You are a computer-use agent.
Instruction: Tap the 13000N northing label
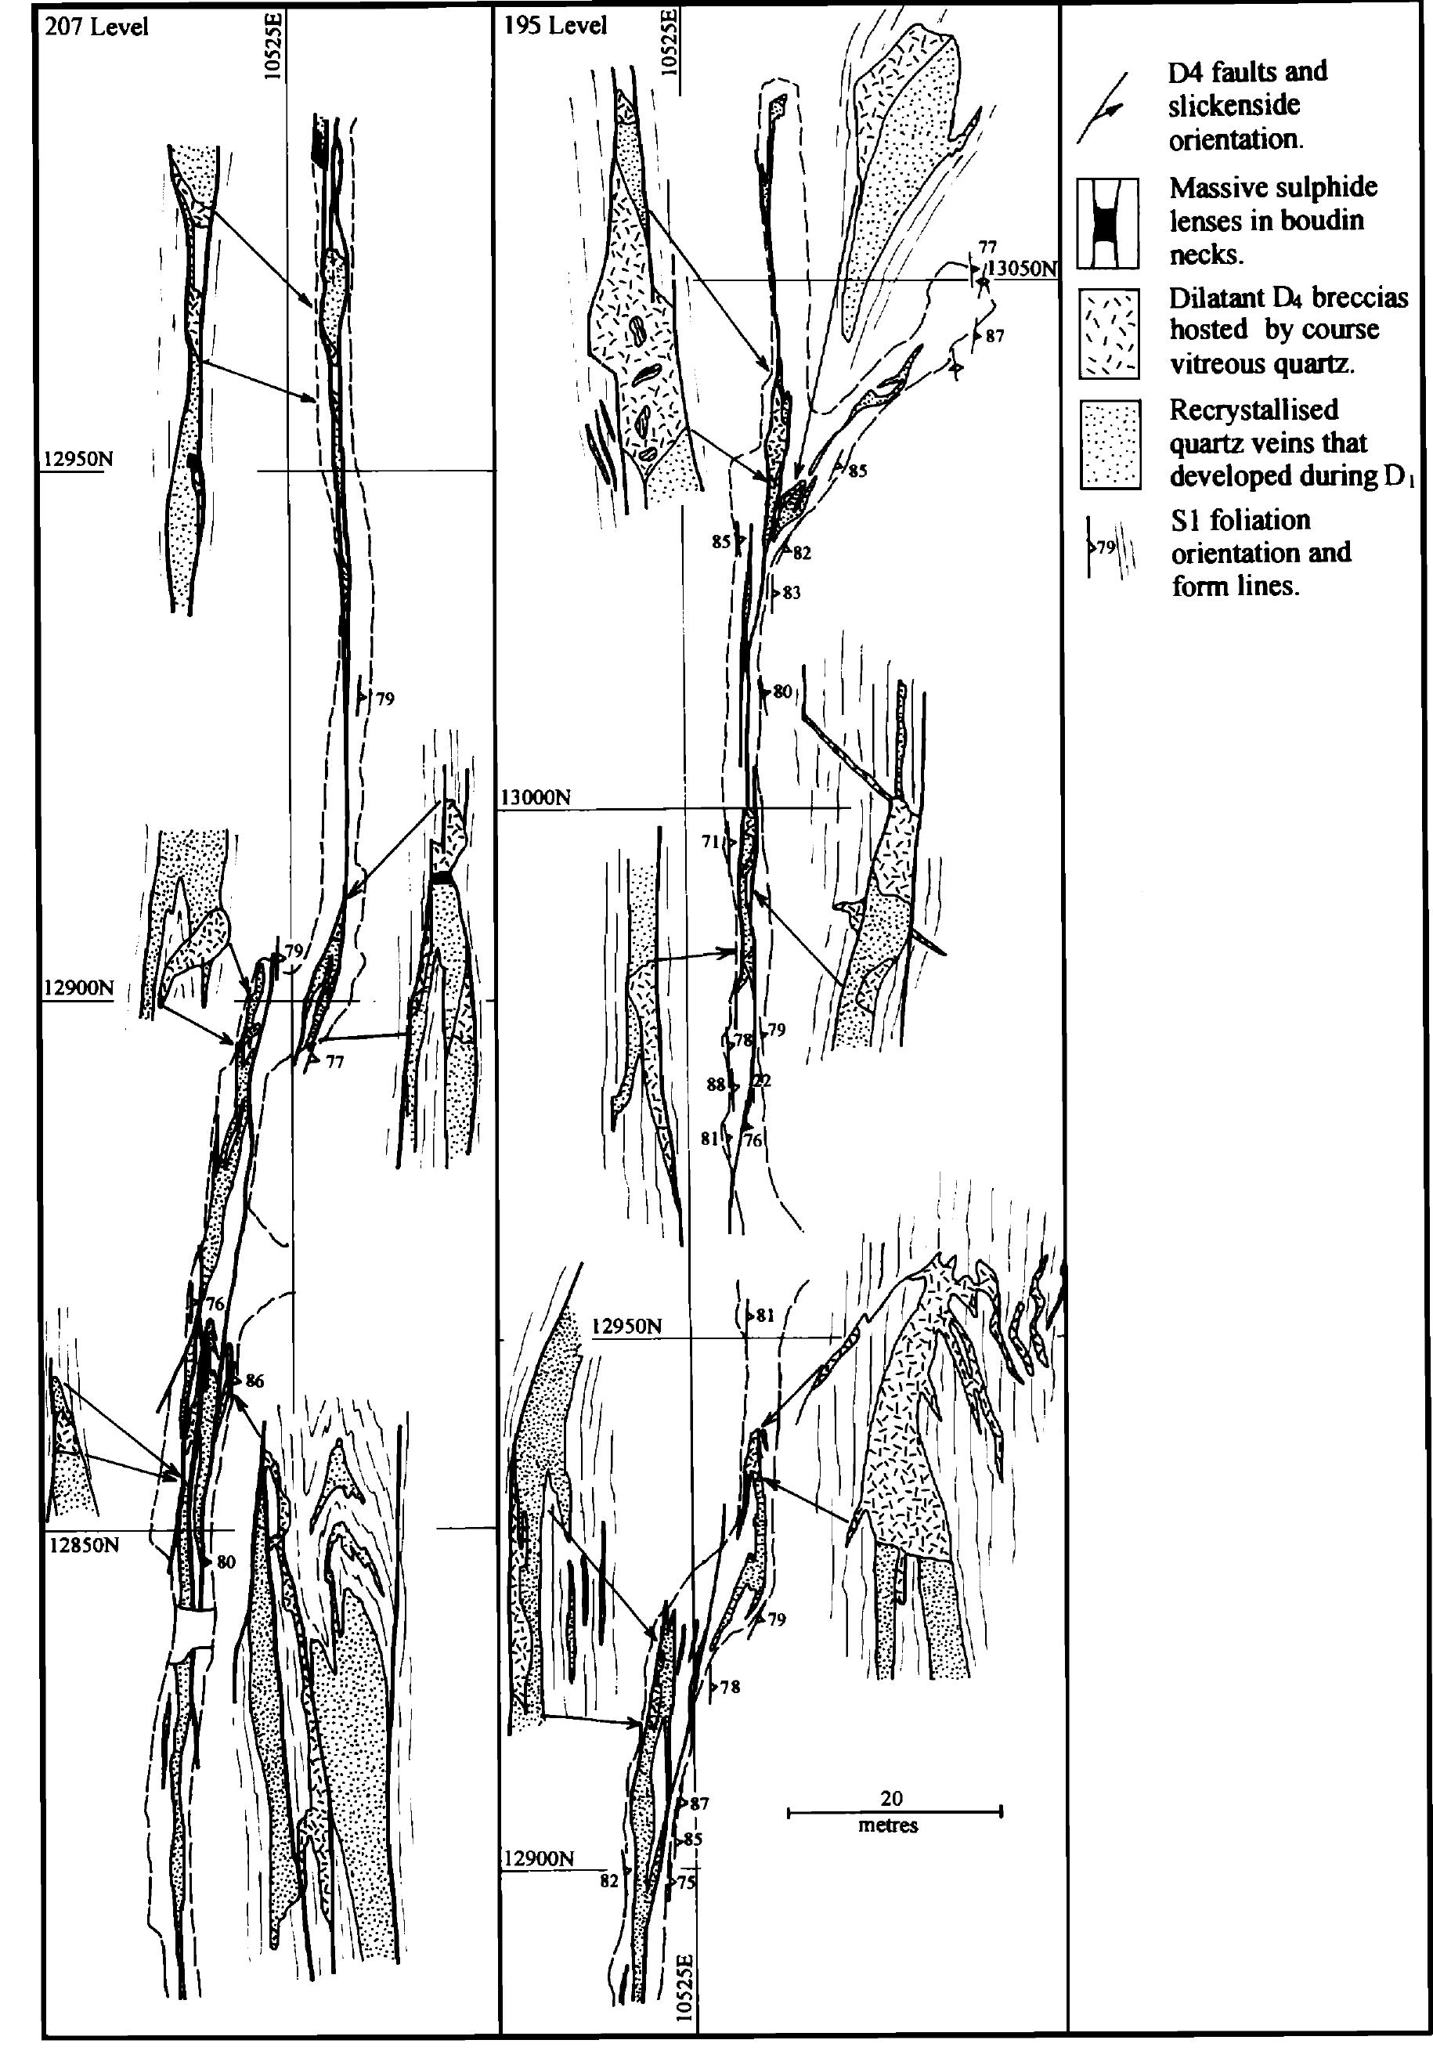(x=536, y=797)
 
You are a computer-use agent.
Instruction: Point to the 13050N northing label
(x=1023, y=268)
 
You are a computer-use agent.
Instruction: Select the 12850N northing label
(x=82, y=1545)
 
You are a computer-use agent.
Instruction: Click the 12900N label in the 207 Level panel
(x=79, y=988)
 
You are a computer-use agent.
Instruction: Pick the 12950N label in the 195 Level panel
(x=626, y=1325)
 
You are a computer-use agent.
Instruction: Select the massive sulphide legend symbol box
(x=1108, y=224)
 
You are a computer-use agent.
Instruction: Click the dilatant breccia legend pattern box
(x=1110, y=334)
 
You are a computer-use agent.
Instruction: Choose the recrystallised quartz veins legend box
(x=1110, y=445)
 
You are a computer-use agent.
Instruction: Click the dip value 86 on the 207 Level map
(x=254, y=1381)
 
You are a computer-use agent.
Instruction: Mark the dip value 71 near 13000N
(x=711, y=842)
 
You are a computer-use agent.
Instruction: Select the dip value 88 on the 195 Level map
(x=715, y=1084)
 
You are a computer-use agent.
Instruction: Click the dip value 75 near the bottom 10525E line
(x=687, y=1883)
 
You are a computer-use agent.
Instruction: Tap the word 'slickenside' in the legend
(x=1233, y=106)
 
